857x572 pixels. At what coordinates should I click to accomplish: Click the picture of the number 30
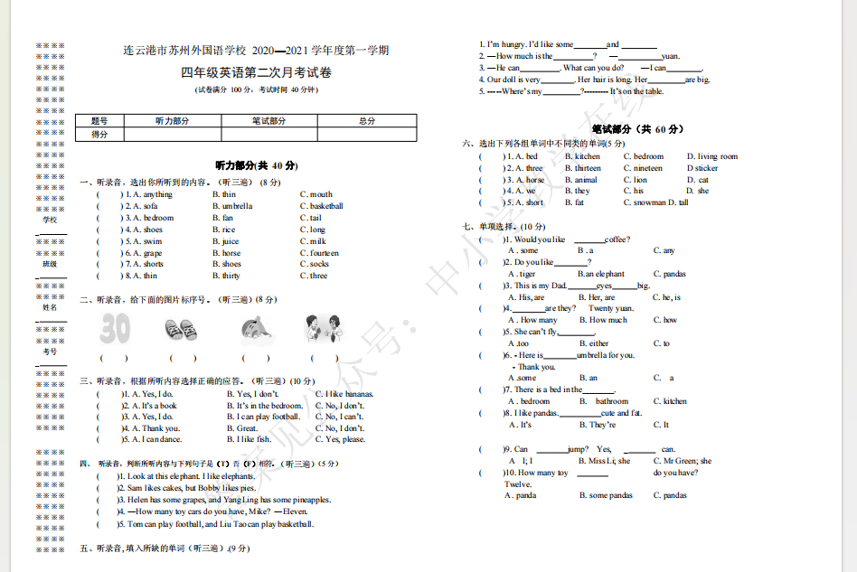point(115,328)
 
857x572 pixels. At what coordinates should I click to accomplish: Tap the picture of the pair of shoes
point(179,329)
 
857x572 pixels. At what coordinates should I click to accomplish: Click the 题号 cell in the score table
point(99,121)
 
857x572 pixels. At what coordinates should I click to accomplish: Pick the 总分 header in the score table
point(366,121)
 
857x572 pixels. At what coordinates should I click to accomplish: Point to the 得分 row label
point(99,135)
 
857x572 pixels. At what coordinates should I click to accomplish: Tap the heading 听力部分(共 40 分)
point(257,165)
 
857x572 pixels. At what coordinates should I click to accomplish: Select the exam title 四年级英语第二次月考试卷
point(256,72)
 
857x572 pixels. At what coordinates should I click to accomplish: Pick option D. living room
point(711,156)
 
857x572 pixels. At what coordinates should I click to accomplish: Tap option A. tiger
point(522,274)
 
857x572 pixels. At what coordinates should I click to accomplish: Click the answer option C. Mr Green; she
point(682,461)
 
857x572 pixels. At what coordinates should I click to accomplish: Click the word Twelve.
point(518,484)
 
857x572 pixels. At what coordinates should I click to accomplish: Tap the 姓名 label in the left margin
point(50,307)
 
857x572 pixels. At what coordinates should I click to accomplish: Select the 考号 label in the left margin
point(50,351)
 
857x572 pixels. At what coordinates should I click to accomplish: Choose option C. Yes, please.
point(340,440)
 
